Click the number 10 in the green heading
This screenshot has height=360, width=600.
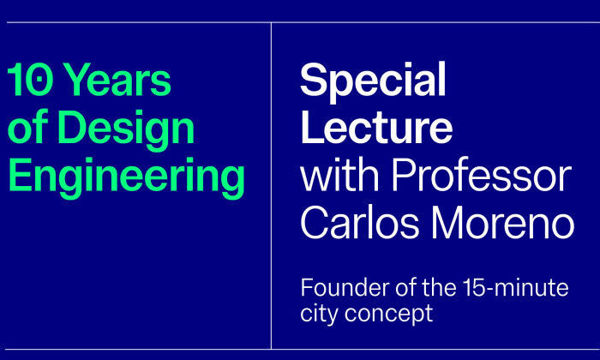28,80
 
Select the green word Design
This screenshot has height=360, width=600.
127,130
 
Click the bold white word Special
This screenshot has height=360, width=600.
373,82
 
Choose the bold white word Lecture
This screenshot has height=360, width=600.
376,125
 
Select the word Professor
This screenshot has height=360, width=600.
482,175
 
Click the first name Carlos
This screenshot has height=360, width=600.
360,223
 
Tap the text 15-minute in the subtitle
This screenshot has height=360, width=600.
515,288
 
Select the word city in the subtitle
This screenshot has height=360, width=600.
320,314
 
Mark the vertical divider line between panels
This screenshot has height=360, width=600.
272,185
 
